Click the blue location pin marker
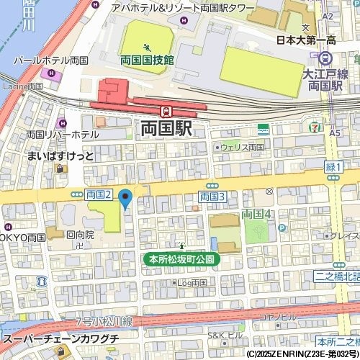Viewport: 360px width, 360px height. (125, 197)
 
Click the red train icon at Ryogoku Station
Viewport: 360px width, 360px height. (166, 111)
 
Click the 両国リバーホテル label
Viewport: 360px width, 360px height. (63, 135)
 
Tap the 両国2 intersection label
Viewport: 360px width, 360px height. (99, 194)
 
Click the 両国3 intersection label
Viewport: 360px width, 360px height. (212, 196)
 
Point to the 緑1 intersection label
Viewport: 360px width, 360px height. (333, 167)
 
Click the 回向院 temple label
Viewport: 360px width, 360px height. (80, 235)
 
